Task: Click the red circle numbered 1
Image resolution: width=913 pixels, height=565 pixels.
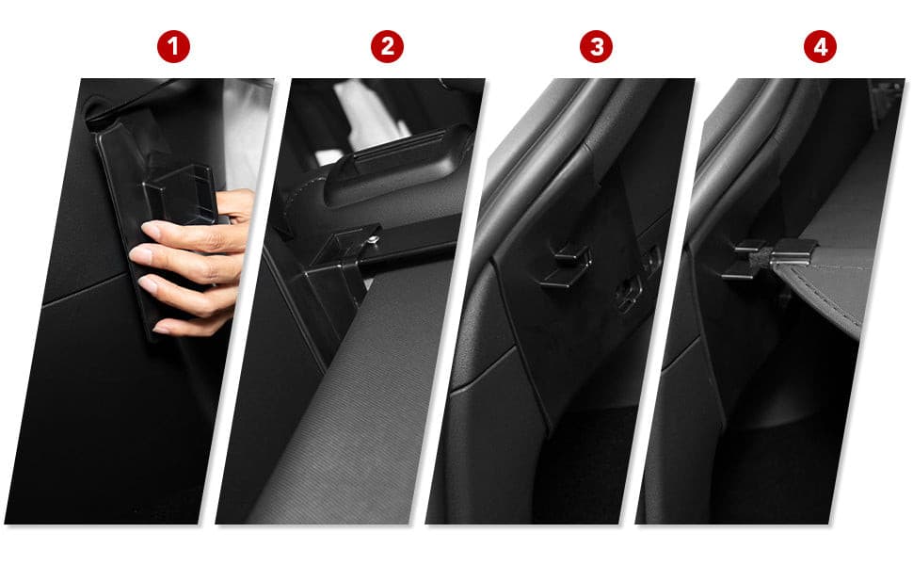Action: (173, 46)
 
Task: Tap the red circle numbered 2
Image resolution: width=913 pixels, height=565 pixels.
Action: (387, 46)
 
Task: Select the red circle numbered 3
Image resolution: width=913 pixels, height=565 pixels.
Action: (596, 46)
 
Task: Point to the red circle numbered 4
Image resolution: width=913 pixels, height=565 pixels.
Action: (820, 46)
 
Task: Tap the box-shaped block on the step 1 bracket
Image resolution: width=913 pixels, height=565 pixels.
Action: (181, 195)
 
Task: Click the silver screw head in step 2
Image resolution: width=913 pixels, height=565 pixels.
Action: (375, 238)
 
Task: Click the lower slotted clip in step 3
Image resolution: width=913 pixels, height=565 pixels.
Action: (629, 293)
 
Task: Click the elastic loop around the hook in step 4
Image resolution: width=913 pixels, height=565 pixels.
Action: (760, 259)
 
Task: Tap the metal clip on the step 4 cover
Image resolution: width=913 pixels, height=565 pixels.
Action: (792, 252)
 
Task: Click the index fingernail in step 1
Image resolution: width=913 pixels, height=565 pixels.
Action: (151, 229)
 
